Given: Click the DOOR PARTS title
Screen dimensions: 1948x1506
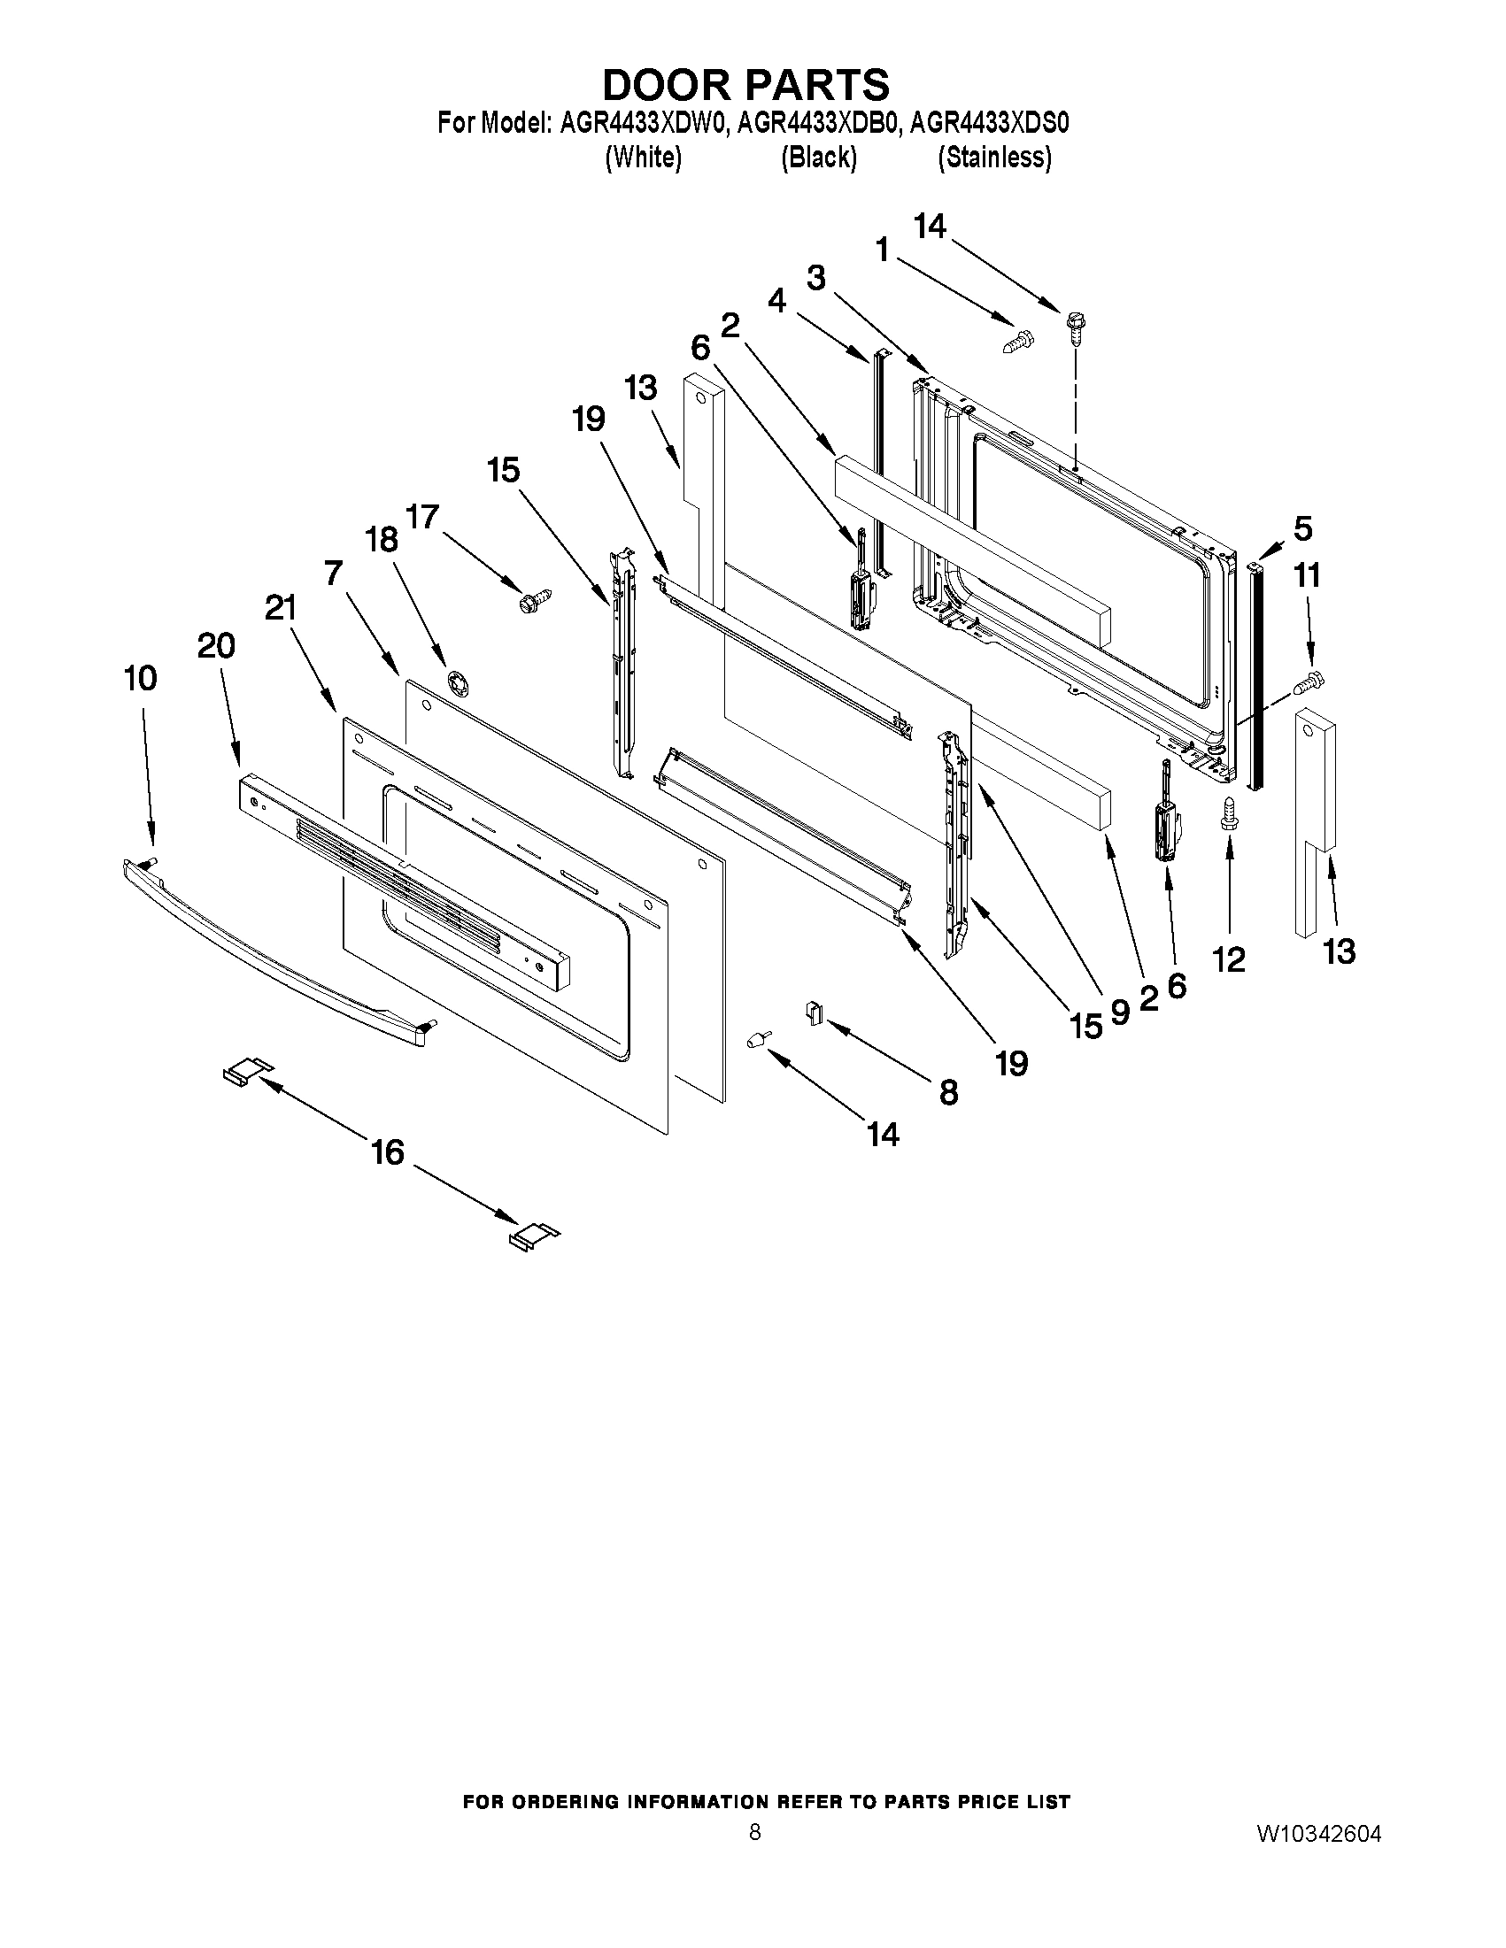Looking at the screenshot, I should tap(745, 85).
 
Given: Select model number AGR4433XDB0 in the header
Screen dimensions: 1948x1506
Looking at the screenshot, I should tap(818, 122).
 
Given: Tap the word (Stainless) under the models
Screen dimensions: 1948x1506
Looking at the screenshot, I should tap(994, 158).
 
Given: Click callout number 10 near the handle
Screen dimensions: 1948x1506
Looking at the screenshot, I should tap(141, 679).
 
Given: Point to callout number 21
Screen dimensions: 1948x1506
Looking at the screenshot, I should tap(280, 609).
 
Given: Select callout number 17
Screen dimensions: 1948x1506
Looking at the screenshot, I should tap(422, 517).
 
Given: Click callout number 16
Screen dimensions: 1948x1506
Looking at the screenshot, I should tap(387, 1152).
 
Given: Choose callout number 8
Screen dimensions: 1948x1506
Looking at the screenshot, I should tap(948, 1092).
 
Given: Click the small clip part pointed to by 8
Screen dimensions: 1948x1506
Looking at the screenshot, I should tap(814, 1012).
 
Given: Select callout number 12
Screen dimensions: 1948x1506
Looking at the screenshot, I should tap(1229, 960).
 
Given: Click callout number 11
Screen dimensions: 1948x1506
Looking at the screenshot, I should tap(1307, 575).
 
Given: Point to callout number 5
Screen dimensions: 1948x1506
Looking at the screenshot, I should tap(1302, 529).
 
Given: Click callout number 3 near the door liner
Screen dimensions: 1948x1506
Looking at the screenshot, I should tap(815, 277).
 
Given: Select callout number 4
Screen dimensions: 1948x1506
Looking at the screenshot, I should tap(777, 301).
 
